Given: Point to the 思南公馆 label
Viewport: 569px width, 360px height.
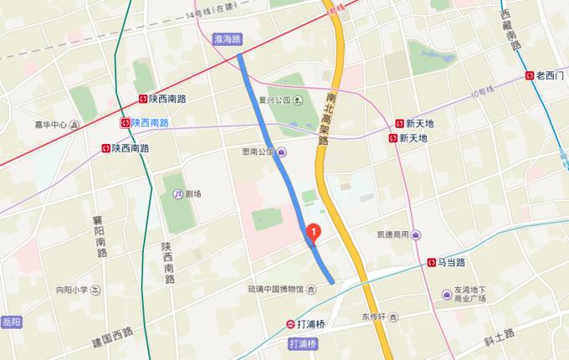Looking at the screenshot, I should (x=259, y=152).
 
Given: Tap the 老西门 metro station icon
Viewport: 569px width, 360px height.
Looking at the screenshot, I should (x=531, y=75).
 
